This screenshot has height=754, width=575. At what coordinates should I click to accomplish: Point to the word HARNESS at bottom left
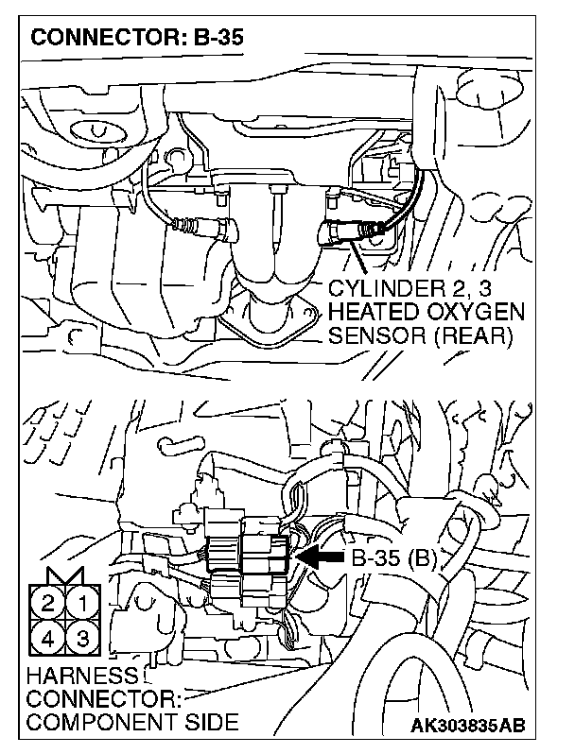pos(72,676)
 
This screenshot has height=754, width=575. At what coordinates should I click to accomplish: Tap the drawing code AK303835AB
pos(468,726)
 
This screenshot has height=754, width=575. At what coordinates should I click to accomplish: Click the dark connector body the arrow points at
pos(270,553)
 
